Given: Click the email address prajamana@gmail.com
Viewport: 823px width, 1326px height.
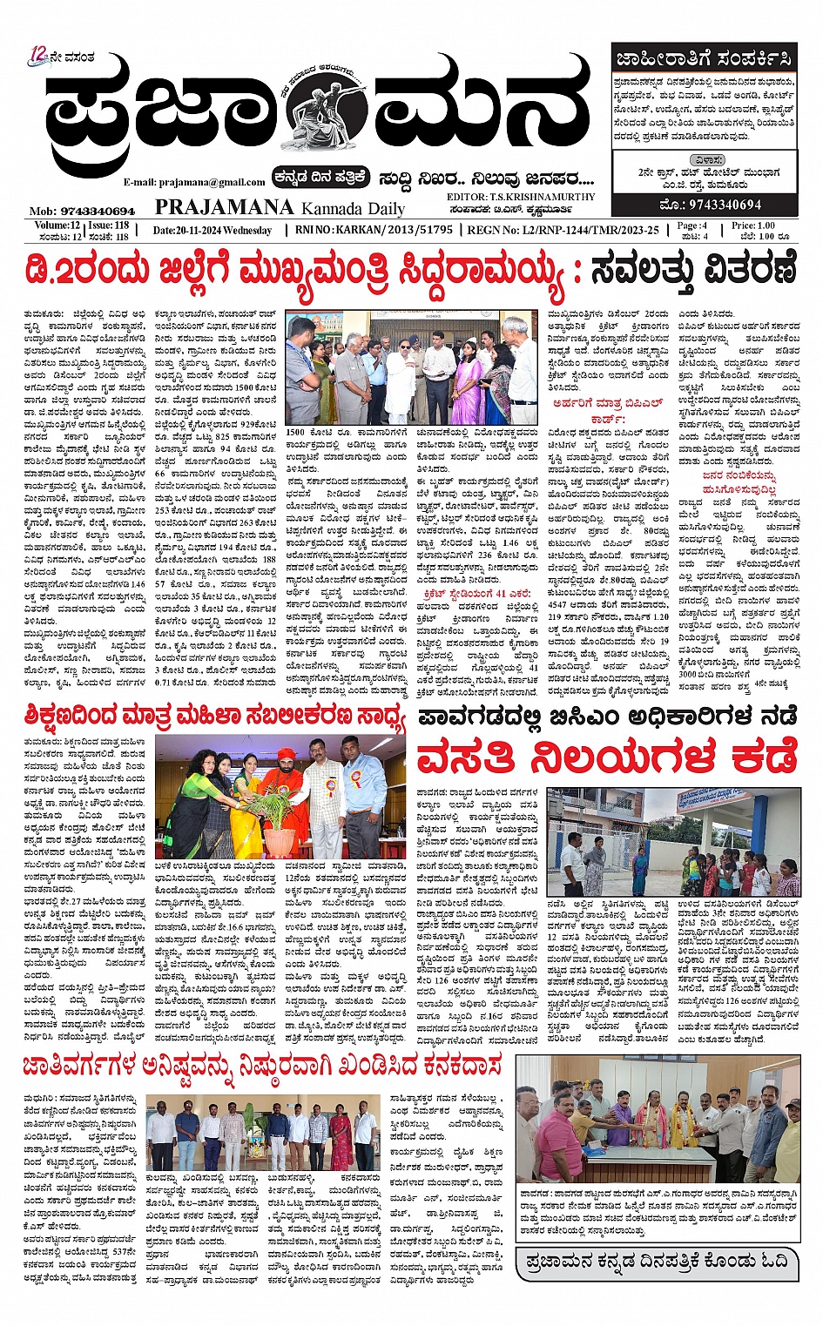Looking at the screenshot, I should point(193,182).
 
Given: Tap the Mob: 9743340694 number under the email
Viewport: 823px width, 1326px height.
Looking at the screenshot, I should point(83,211).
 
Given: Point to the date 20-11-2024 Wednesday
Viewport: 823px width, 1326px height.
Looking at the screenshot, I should point(212,230).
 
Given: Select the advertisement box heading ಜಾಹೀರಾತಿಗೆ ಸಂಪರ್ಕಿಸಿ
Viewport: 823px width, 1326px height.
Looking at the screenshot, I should point(704,60).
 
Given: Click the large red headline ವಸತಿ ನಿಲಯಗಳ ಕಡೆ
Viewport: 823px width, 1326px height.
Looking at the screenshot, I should point(608,756).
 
